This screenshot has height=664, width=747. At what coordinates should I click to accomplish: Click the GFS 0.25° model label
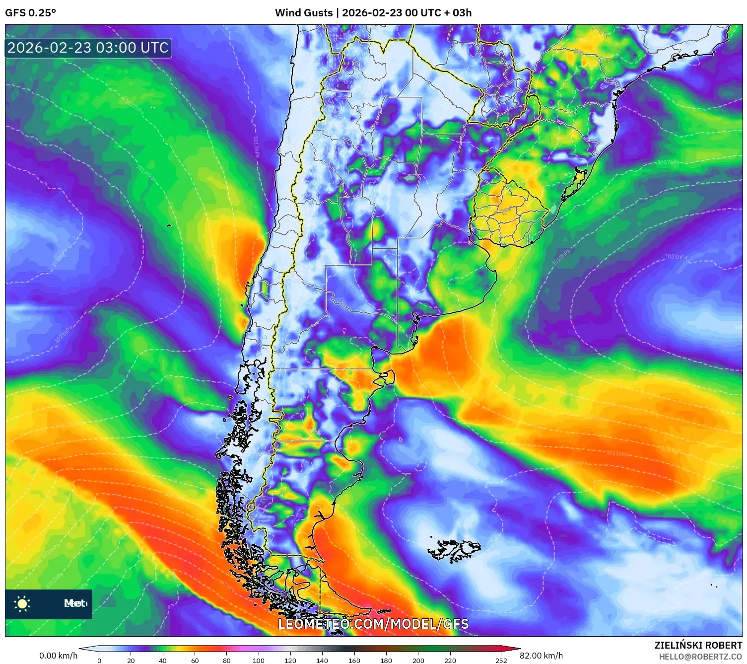tap(30, 13)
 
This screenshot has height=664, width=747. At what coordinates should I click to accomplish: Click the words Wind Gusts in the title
tap(304, 13)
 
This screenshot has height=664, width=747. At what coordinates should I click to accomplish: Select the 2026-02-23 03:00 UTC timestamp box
tap(88, 48)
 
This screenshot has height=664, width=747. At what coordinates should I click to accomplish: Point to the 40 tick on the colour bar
tap(163, 660)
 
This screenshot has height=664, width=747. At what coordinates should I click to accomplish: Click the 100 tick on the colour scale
tap(258, 660)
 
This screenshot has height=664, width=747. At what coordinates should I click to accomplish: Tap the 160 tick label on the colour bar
tap(354, 660)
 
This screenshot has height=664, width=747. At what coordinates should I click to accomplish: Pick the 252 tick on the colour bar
tap(501, 660)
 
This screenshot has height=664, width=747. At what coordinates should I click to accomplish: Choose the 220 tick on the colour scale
tap(450, 660)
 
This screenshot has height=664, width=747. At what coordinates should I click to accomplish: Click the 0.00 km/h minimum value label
tap(59, 656)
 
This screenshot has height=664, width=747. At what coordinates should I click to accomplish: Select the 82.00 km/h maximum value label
tap(541, 656)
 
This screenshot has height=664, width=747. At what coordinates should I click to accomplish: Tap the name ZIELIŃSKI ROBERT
tap(698, 645)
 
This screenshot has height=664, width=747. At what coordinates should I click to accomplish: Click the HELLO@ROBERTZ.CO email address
tap(700, 657)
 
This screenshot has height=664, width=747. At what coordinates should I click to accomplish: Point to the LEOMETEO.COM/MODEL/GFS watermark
tap(373, 624)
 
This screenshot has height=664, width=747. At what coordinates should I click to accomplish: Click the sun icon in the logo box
tap(22, 603)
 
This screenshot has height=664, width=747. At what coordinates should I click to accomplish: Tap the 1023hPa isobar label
tap(676, 257)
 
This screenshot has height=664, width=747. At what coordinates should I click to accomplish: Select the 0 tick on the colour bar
tap(99, 660)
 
